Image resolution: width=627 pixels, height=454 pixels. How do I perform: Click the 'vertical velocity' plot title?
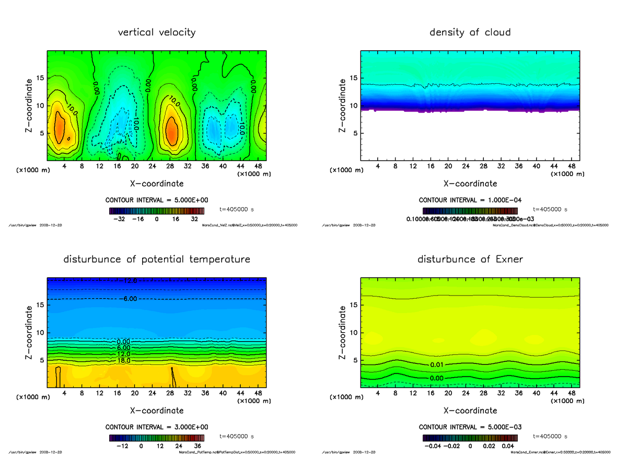tap(157, 32)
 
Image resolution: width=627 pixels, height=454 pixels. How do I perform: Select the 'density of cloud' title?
tap(470, 32)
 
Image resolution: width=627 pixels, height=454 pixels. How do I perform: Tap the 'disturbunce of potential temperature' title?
tap(157, 259)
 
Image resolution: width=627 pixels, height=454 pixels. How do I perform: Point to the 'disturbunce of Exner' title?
tap(470, 259)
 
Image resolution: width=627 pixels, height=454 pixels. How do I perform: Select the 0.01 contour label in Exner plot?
tap(437, 365)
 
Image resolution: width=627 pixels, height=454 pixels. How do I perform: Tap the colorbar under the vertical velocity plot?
tap(157, 211)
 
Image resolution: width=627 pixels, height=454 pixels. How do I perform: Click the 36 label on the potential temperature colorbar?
tap(198, 446)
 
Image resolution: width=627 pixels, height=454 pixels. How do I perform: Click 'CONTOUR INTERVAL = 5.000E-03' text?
tap(470, 427)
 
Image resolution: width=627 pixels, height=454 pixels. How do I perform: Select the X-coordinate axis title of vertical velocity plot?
tap(157, 184)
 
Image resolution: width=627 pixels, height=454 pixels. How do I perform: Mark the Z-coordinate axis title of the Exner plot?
tap(343, 332)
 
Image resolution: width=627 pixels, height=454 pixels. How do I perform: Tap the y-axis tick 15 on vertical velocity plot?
tap(40, 78)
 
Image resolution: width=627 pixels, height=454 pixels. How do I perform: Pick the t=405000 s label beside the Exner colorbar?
tap(550, 436)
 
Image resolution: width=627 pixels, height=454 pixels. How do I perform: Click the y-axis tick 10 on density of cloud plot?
tap(353, 106)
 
